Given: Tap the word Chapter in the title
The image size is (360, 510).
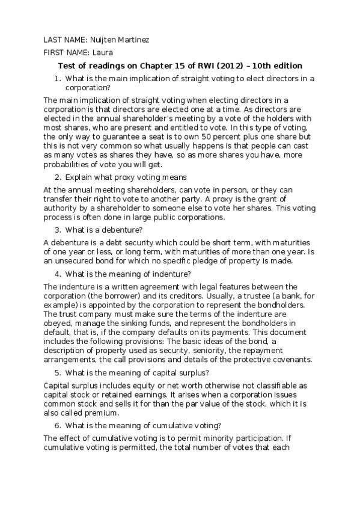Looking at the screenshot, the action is point(158,66).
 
